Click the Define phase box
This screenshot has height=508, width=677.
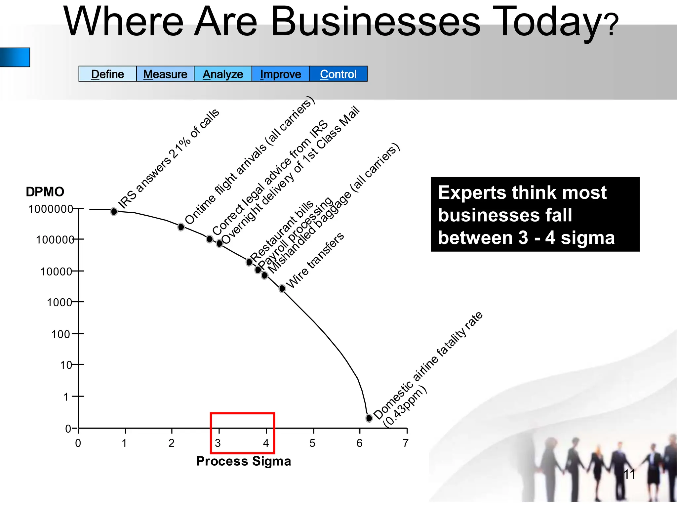click(x=107, y=74)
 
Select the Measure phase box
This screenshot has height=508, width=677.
click(x=165, y=74)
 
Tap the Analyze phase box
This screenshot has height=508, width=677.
click(x=223, y=74)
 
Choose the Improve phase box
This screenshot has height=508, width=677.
click(x=281, y=74)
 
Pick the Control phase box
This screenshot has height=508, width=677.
click(x=338, y=74)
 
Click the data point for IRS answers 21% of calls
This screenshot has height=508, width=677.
click(x=114, y=211)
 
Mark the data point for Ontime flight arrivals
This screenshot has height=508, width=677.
click(x=181, y=227)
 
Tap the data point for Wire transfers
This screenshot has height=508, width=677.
click(x=282, y=288)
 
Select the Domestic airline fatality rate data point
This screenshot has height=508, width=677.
click(x=369, y=418)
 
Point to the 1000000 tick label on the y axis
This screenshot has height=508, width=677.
click(x=51, y=209)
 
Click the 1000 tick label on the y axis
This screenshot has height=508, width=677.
click(x=60, y=302)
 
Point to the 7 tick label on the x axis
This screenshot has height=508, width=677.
click(x=406, y=443)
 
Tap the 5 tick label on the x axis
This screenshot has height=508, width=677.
click(x=312, y=443)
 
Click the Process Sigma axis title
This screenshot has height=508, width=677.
click(x=244, y=461)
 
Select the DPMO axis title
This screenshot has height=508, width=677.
click(x=45, y=192)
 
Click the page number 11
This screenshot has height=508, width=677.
click(x=629, y=475)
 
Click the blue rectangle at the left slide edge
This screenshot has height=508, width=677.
click(x=15, y=57)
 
